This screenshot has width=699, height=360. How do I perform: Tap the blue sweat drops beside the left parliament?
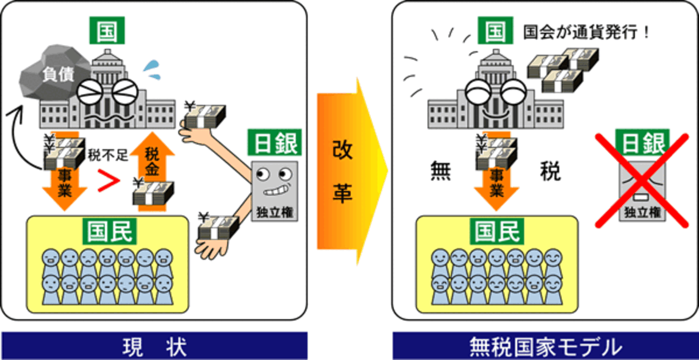pos(152,69)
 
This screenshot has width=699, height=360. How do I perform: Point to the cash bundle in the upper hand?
pos(205,114)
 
